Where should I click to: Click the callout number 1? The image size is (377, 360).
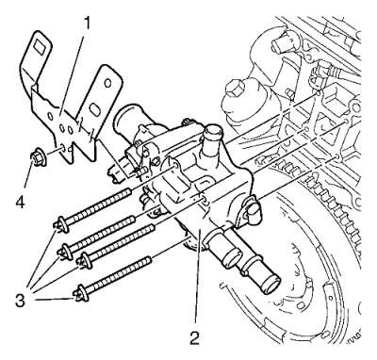click(x=86, y=24)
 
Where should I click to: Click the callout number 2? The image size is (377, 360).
click(x=195, y=336)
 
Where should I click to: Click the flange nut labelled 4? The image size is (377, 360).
click(x=38, y=156)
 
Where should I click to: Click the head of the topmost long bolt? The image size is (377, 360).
click(x=61, y=224)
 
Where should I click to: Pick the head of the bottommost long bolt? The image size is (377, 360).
click(x=80, y=293)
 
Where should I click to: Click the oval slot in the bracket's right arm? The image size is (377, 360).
click(x=94, y=110)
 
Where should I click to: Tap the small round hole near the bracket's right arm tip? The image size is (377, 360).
click(x=107, y=83)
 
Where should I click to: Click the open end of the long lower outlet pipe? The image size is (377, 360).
click(x=271, y=284)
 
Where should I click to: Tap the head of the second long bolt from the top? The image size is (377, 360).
click(x=65, y=251)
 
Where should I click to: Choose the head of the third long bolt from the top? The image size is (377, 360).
click(x=84, y=260)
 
